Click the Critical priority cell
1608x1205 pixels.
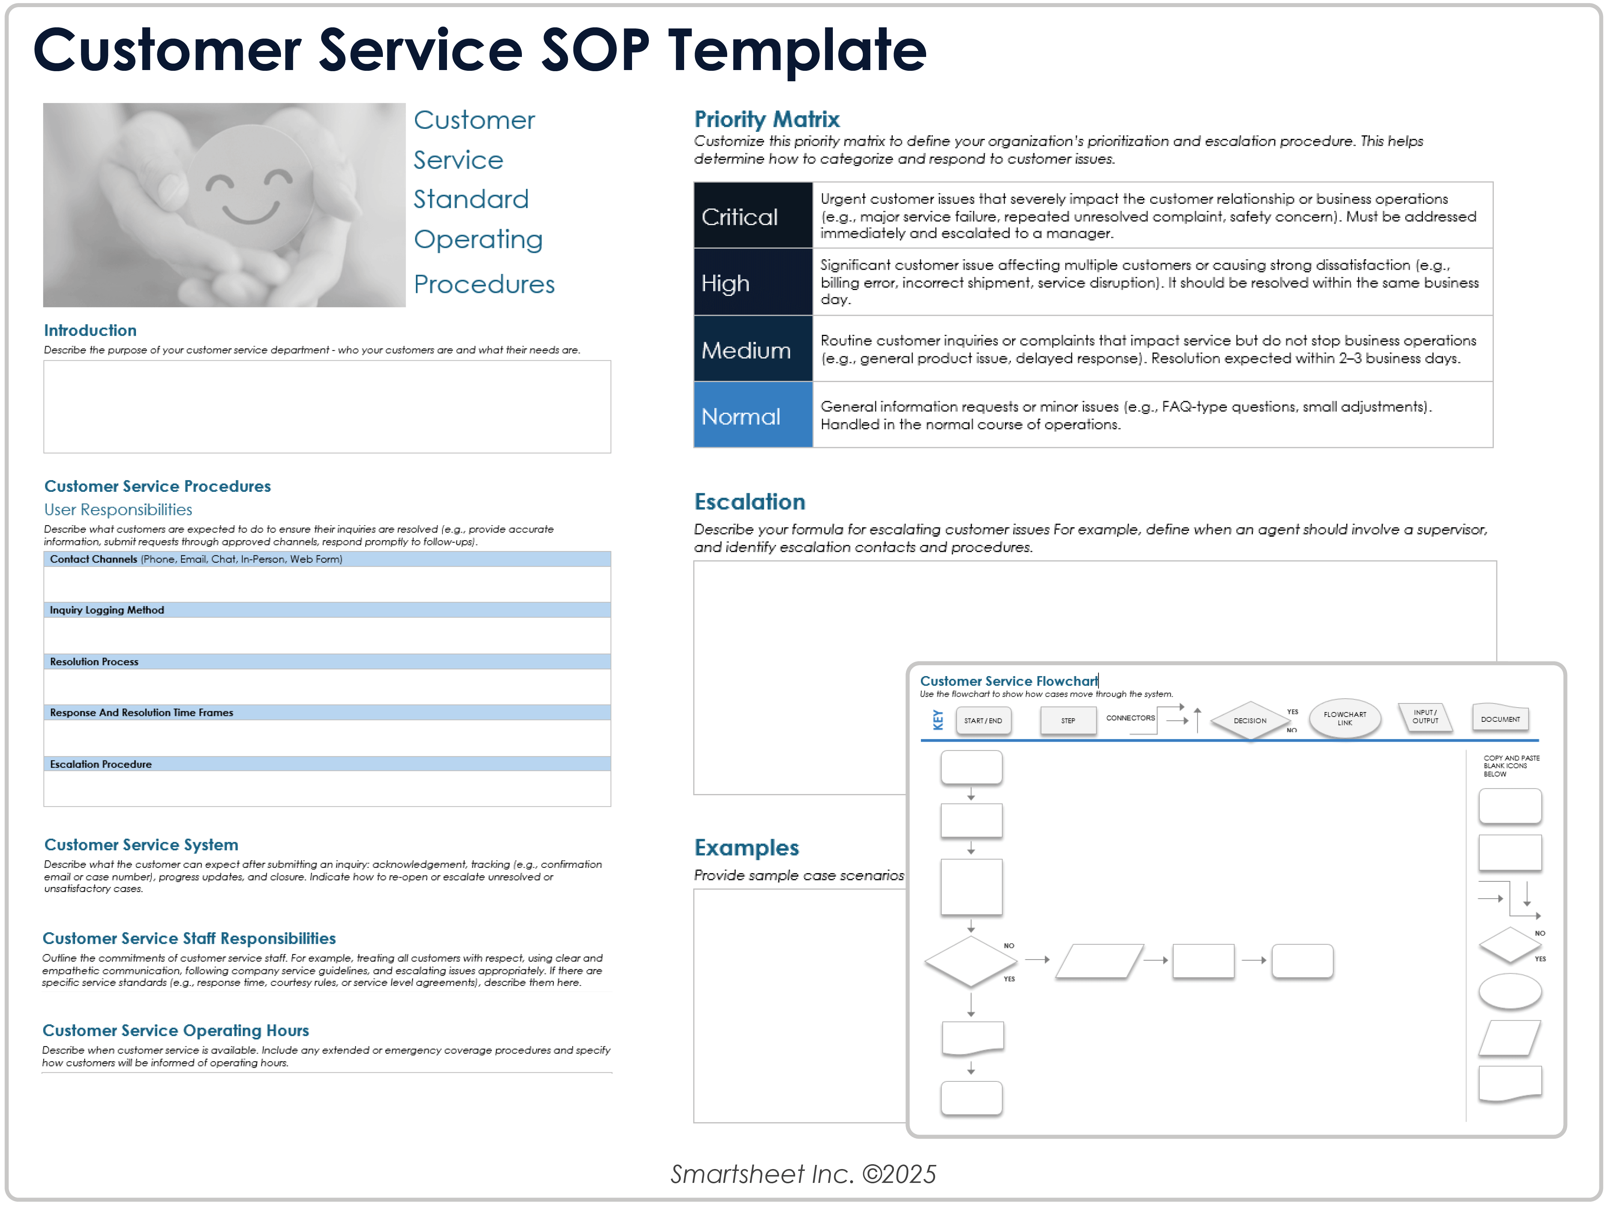point(752,216)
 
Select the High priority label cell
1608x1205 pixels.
point(752,283)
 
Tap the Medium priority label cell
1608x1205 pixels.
point(752,349)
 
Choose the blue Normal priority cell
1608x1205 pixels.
point(752,416)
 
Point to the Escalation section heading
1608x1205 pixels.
point(749,502)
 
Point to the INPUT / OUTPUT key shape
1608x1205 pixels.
point(1425,717)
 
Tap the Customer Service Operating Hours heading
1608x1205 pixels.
point(175,1030)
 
